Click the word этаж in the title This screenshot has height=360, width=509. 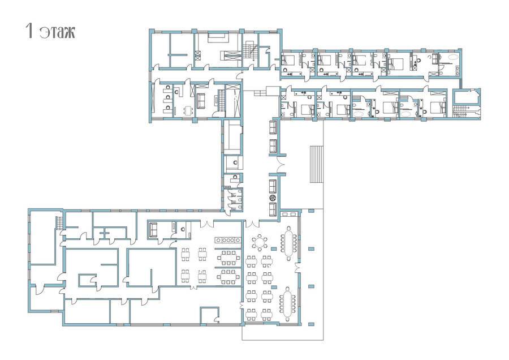point(58,32)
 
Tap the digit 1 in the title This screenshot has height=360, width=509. point(29,31)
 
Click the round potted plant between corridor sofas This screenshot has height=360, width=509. point(273,198)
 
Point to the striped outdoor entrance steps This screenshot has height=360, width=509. point(317,164)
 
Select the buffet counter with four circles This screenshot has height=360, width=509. point(227,240)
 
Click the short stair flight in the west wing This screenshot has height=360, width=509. point(59,223)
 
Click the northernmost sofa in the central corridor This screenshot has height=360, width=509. point(273,127)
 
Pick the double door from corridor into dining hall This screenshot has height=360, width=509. point(252,224)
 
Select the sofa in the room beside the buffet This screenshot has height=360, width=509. point(153,230)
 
